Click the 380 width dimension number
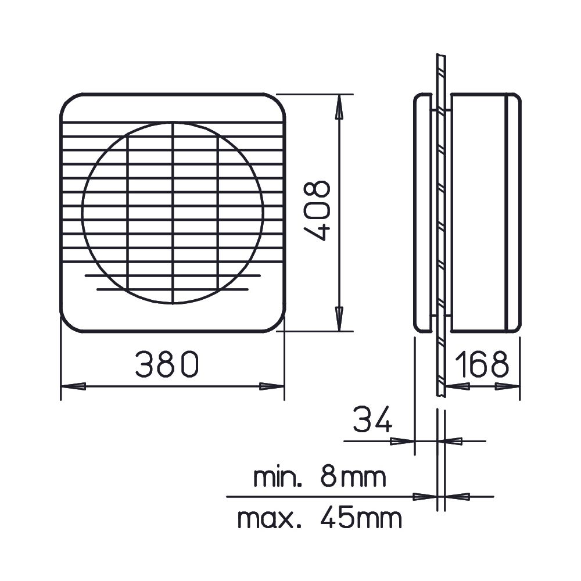(167, 364)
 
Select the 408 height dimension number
(317, 211)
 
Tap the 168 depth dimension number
(482, 364)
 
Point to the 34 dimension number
(372, 419)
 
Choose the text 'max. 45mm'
(320, 518)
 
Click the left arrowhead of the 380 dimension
(73, 386)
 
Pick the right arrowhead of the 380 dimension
(271, 386)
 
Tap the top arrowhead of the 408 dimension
(338, 107)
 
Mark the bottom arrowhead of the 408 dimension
(338, 318)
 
